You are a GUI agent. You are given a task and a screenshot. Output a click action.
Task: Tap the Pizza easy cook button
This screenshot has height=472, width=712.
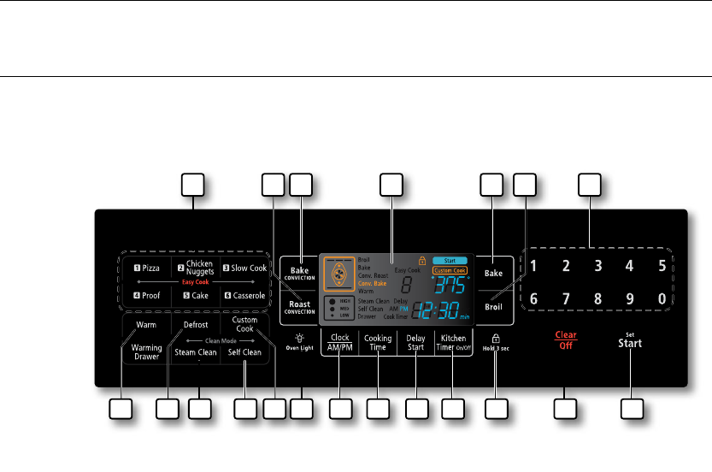145,268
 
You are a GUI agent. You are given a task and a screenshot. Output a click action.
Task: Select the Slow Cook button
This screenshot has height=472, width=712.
245,268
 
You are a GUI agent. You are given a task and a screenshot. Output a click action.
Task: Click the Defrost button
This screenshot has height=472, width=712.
196,325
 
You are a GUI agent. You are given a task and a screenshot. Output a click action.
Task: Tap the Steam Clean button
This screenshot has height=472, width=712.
196,351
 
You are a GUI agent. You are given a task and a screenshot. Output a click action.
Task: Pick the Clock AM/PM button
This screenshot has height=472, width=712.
339,343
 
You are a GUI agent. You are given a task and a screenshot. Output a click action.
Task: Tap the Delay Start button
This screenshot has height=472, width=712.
415,343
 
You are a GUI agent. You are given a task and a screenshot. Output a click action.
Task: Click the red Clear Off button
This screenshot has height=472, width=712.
564,340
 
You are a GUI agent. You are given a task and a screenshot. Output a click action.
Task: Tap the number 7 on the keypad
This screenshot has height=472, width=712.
566,300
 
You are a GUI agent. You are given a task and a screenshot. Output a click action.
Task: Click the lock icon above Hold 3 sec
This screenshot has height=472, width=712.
496,338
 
